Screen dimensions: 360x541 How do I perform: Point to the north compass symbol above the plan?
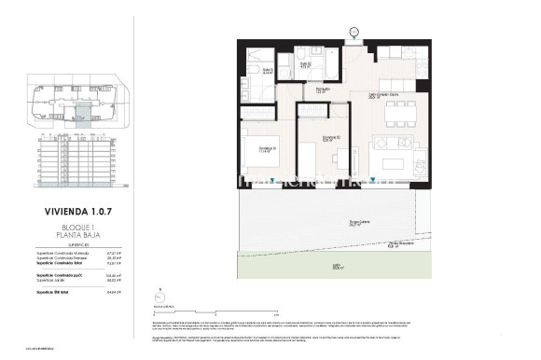point(354,34)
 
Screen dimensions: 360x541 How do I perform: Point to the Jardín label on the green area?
point(335,267)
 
